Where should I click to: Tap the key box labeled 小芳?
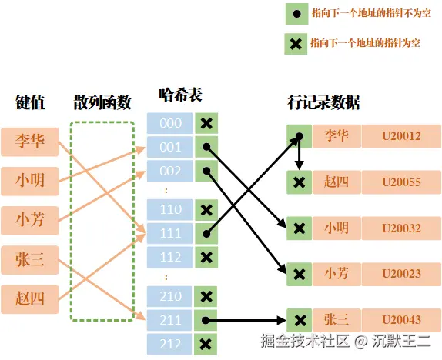tap(30, 220)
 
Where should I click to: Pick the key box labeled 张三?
tap(30, 260)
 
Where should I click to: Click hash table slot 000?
tap(170, 123)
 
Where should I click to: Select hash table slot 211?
tap(170, 320)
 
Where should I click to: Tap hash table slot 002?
tap(170, 170)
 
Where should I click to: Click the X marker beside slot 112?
tap(206, 257)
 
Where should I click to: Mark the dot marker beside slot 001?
tap(206, 147)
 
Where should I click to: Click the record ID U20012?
tap(401, 136)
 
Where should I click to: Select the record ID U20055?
tap(401, 182)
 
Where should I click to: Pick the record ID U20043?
tap(401, 319)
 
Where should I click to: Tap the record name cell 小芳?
tap(337, 273)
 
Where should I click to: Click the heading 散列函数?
tap(102, 102)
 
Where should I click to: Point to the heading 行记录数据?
tap(323, 102)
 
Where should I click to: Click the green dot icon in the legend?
tap(295, 14)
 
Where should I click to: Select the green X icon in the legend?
tap(295, 44)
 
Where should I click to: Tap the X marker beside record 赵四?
tap(300, 182)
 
